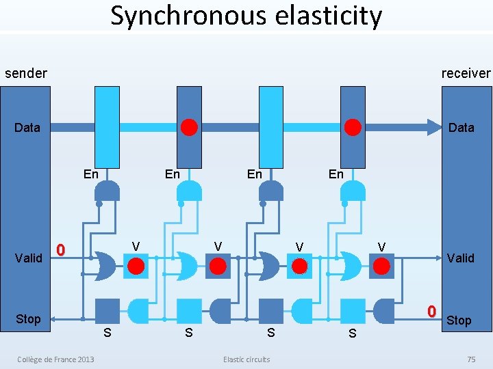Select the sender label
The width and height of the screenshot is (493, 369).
pos(26,73)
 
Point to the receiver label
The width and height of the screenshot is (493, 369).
pos(466,73)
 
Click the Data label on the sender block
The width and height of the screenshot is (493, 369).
pos(27,127)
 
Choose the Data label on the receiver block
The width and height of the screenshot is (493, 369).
pos(461,127)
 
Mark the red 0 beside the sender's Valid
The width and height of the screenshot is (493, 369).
pos(60,250)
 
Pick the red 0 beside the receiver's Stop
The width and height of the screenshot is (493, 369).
pos(431,312)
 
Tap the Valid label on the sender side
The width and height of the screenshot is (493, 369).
pos(28,258)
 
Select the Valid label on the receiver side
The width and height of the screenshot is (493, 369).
pos(460,258)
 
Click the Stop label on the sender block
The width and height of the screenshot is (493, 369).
pos(28,319)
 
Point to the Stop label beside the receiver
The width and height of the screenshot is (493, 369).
pos(459,320)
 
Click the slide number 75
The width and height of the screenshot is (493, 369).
pos(470,359)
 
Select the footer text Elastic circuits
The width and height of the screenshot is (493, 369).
pos(246,359)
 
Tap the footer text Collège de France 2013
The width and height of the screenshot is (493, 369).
pos(56,359)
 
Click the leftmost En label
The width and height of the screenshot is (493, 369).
pos(90,174)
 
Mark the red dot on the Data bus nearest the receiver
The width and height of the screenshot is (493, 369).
pos(353,127)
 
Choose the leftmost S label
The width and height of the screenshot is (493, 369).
pos(107,333)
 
